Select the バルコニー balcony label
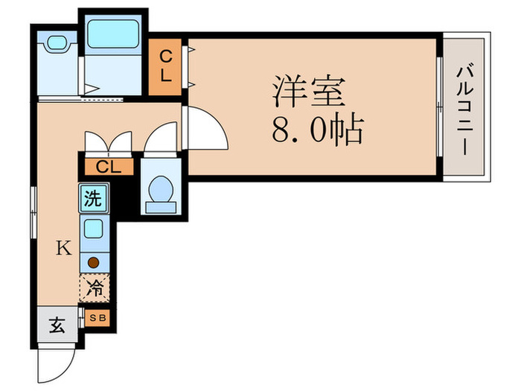coord(465,109)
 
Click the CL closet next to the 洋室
coord(167,66)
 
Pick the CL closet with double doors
coord(107,166)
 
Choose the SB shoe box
coord(98,318)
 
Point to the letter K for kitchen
coord(64,248)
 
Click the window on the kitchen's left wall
coord(34,212)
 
